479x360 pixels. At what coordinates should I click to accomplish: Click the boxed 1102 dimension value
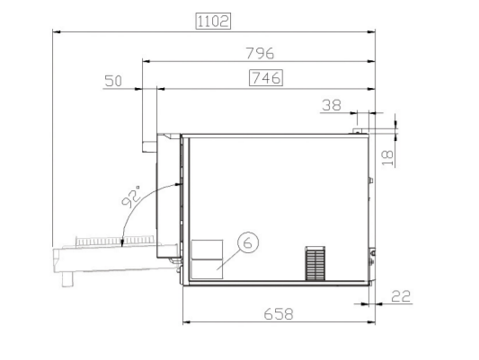pos(213,22)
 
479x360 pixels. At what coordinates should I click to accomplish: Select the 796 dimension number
pos(260,53)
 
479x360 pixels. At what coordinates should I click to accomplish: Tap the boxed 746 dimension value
pos(266,78)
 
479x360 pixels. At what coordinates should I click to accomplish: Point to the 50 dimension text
pos(113,81)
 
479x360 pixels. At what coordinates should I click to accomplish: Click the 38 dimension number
pos(332,105)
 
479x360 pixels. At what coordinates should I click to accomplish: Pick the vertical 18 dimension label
pos(387,157)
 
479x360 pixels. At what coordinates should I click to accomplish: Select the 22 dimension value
pos(401,296)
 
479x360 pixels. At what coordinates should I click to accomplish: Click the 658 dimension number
pos(279,314)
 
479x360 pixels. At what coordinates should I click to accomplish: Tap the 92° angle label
pos(130,197)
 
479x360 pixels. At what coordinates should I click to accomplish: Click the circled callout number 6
pos(248,242)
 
